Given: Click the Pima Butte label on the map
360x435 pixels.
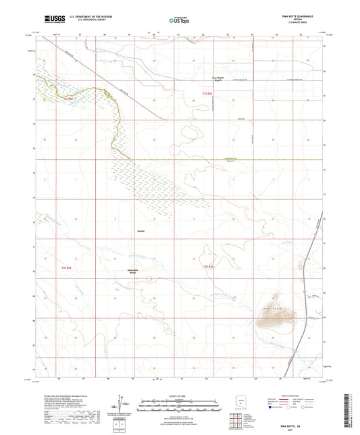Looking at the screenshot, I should (266, 307).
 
